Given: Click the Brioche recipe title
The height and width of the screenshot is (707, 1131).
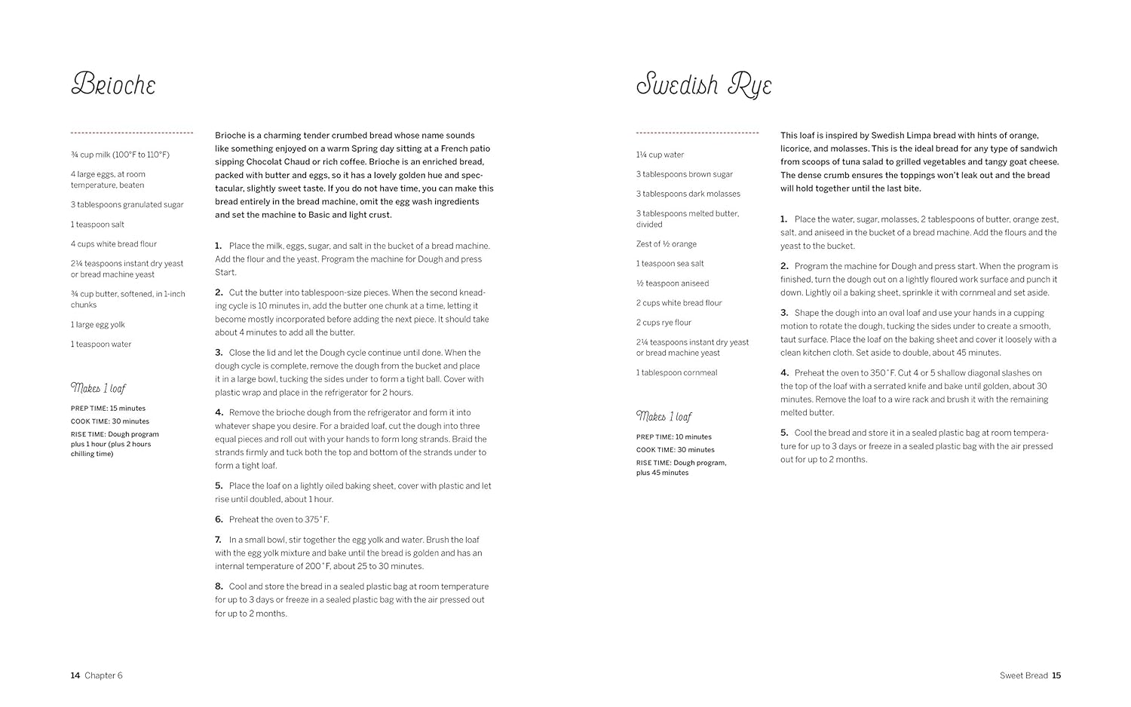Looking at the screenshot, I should coord(113,84).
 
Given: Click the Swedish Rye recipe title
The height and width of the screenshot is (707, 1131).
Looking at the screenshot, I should coord(703,85).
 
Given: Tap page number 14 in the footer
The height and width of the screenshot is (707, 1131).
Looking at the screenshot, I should coord(75,675).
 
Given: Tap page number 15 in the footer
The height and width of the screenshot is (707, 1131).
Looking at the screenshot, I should coord(1056,675).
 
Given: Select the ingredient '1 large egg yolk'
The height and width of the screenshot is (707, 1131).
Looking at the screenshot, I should coord(98,325).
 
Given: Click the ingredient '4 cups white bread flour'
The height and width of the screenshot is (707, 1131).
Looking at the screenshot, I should coord(114,244).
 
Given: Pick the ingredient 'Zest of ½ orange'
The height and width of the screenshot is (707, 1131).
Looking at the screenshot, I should coord(667,244).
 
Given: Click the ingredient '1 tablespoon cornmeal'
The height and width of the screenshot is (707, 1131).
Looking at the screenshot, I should coord(676,372).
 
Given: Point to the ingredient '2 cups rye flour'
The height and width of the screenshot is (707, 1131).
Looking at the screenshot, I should coord(664,323).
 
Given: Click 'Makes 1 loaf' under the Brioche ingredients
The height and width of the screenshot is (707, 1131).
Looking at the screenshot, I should coord(98,388).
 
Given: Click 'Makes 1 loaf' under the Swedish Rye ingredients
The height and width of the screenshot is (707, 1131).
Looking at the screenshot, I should coord(664,417).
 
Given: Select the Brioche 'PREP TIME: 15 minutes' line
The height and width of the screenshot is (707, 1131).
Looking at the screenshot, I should coord(108,409).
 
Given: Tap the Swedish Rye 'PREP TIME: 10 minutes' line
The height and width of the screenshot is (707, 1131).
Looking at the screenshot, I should coord(673,437).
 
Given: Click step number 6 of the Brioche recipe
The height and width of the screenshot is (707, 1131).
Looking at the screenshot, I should coord(219,519).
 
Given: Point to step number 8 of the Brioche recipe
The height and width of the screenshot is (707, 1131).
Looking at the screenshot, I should coord(219,586).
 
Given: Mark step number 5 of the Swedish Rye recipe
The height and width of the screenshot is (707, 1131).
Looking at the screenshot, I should coord(784,433).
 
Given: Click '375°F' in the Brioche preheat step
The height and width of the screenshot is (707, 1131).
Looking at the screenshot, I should coord(317,519).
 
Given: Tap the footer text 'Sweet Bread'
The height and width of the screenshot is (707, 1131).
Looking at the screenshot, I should coord(1023,675).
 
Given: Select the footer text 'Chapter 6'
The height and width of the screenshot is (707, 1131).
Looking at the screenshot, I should coord(103,675).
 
